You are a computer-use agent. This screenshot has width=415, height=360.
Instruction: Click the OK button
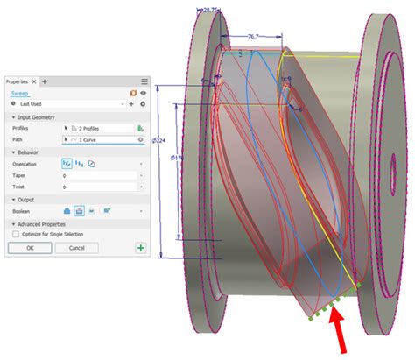pos(30,248)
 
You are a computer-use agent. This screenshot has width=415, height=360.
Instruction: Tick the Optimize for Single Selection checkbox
pos(16,234)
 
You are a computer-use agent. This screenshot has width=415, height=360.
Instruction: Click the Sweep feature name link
pos(19,92)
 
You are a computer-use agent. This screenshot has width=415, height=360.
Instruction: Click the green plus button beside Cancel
pos(140,248)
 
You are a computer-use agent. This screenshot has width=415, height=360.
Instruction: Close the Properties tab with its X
pos(34,81)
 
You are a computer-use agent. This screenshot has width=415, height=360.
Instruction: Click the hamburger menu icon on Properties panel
pos(144,81)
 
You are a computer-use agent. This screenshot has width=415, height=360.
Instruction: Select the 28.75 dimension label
pos(209,10)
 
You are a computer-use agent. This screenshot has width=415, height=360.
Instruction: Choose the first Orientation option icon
pos(67,164)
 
